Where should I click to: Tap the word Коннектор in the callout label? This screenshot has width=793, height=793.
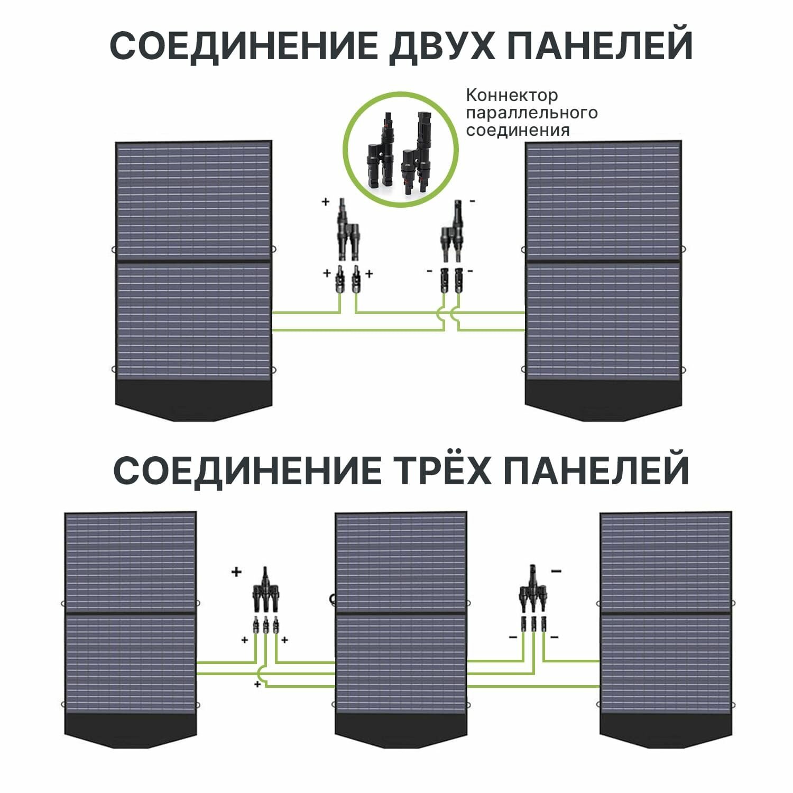pyautogui.click(x=511, y=96)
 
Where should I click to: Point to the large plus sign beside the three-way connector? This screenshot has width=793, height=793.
pyautogui.click(x=236, y=571)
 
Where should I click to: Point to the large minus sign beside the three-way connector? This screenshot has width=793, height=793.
pyautogui.click(x=556, y=571)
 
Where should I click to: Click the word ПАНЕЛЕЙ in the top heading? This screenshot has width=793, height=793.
pyautogui.click(x=599, y=46)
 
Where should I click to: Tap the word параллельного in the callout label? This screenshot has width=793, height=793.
pyautogui.click(x=531, y=113)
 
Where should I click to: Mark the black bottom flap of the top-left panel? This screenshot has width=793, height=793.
pyautogui.click(x=193, y=400)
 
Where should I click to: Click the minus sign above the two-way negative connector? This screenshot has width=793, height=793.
pyautogui.click(x=472, y=201)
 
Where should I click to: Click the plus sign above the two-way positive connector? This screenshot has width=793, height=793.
pyautogui.click(x=326, y=201)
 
